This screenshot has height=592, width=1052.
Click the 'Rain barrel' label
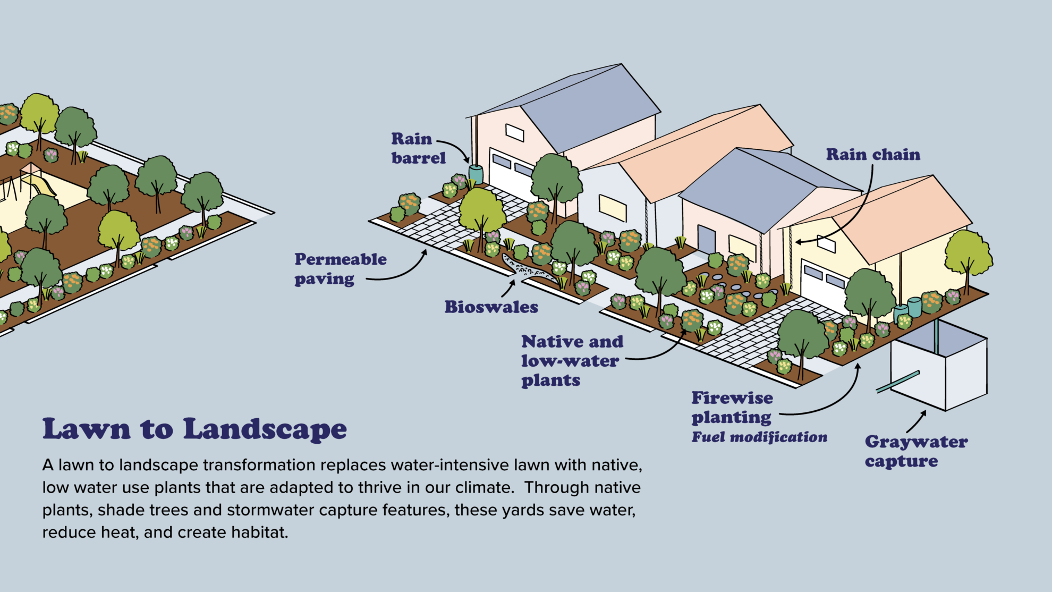point(418,149)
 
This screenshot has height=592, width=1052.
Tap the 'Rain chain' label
point(873,155)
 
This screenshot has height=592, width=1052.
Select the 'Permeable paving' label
point(340,269)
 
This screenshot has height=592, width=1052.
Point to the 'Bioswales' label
point(491,307)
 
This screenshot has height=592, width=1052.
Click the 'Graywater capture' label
point(916,451)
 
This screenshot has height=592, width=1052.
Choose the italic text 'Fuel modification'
point(759,437)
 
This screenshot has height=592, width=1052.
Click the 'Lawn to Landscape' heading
point(194,429)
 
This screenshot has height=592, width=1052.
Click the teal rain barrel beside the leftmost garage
point(476,174)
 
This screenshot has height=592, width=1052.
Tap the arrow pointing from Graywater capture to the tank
point(917,422)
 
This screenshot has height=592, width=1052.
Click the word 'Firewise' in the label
point(732,398)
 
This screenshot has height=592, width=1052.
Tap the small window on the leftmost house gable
point(514,132)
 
